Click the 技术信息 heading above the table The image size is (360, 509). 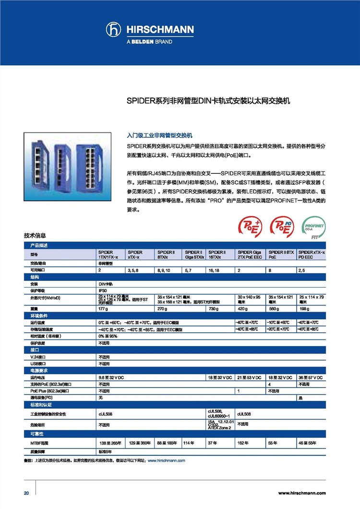(x=35, y=236)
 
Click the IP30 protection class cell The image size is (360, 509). (x=103, y=291)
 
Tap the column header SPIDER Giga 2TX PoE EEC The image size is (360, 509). (x=251, y=254)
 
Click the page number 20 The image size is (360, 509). (x=26, y=493)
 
